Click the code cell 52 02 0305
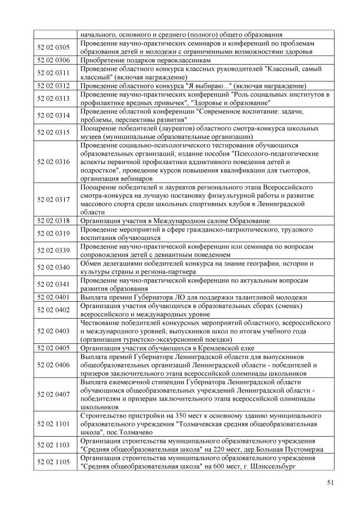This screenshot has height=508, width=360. [55, 48]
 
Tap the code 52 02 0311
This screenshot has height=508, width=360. [55, 72]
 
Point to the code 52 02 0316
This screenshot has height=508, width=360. [55, 162]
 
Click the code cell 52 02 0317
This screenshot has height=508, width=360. [55, 199]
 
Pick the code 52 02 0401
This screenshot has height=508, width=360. [55, 297]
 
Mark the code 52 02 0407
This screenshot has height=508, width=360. [55, 394]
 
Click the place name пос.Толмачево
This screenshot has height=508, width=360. [128, 433]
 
